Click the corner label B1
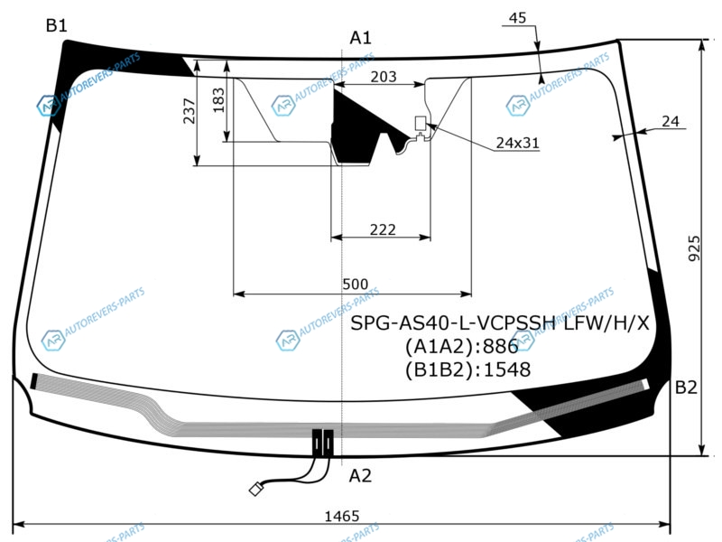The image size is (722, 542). [57, 25]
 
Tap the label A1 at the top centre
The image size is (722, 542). [360, 38]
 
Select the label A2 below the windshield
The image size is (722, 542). [359, 475]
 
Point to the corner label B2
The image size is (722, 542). [686, 388]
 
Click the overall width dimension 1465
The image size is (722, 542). [342, 516]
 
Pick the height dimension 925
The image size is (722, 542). [694, 248]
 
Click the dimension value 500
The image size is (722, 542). [355, 284]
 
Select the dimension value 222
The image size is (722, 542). [383, 229]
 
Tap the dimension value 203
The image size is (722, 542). [383, 77]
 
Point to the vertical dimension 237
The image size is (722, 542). [190, 110]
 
